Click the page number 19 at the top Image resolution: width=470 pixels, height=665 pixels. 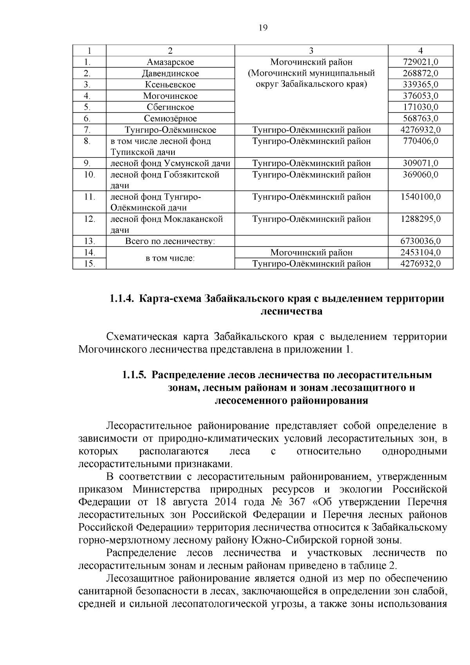[x=263, y=28]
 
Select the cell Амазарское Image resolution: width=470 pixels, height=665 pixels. [x=170, y=62]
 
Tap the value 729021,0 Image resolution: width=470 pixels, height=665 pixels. [x=421, y=62]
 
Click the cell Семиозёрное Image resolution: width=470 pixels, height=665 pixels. [x=170, y=118]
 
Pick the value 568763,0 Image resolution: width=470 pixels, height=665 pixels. [x=421, y=118]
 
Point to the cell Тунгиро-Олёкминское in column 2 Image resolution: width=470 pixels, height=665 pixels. [x=170, y=130]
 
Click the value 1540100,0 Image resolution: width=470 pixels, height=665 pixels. [x=421, y=197]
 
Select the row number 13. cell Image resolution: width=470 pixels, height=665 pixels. [x=89, y=241]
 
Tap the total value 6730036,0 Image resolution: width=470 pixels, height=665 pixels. [x=421, y=241]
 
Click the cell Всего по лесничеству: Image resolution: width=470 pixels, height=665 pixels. [x=170, y=241]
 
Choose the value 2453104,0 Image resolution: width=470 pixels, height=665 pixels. [x=421, y=253]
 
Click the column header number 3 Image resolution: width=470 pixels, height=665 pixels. [x=311, y=51]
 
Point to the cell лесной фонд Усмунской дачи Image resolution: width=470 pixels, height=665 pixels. [x=170, y=163]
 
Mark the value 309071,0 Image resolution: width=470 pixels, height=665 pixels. [x=421, y=163]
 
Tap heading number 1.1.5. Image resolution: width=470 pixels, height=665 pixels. [x=134, y=375]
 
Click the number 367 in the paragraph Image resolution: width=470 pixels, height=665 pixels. [x=297, y=502]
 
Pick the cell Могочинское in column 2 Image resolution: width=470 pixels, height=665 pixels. [x=170, y=96]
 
